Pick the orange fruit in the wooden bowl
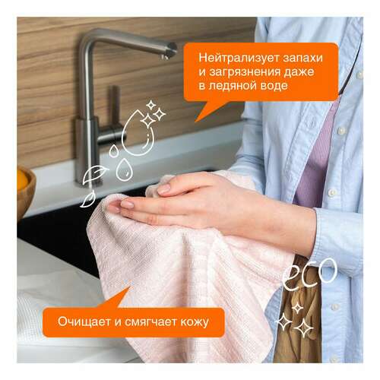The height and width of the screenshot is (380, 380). (22, 182)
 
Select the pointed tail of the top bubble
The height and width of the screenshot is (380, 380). (201, 116)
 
